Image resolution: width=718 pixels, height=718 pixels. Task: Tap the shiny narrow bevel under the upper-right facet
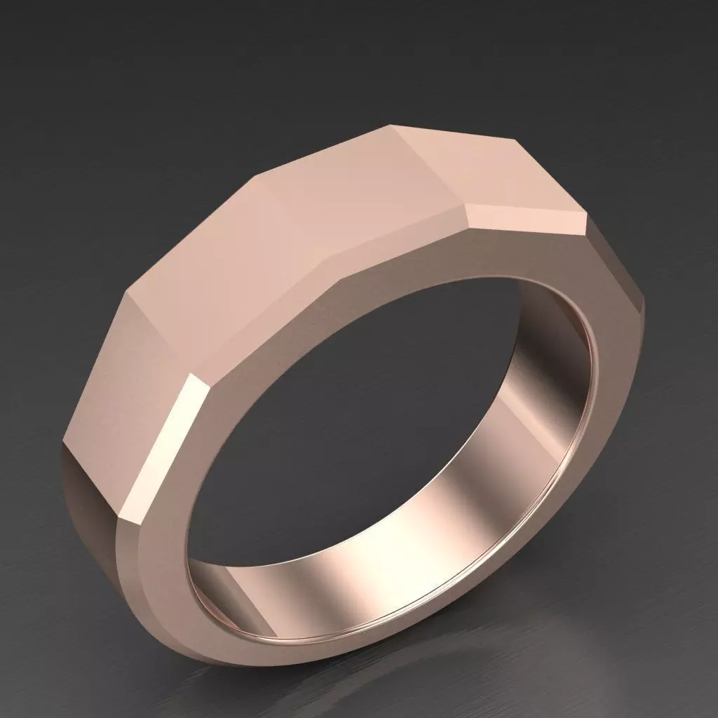point(526,217)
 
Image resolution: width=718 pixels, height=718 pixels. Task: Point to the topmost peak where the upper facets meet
point(390,126)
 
